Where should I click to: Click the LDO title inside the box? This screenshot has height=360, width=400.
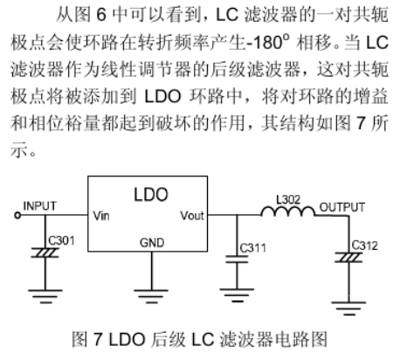(151, 195)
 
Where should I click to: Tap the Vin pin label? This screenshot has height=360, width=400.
(101, 216)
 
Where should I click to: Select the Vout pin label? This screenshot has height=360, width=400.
(192, 216)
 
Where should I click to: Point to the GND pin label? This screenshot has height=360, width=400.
(152, 243)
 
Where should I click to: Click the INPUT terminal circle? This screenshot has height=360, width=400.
(17, 216)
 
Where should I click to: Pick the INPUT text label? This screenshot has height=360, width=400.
(39, 206)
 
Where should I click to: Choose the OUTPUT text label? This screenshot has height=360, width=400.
(342, 207)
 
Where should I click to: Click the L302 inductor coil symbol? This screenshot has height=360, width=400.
(288, 211)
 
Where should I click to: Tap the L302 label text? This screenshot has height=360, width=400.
(288, 200)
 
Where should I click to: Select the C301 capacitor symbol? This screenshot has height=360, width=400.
(45, 253)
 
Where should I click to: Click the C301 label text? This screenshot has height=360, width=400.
(61, 241)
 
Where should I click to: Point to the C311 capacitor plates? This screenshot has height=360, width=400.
(237, 260)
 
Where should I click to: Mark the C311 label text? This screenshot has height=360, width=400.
(252, 248)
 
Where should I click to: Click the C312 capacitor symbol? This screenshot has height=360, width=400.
(348, 258)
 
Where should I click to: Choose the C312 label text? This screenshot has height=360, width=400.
(364, 246)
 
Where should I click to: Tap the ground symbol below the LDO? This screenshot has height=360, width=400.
(151, 296)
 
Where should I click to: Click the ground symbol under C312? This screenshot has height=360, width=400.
(348, 308)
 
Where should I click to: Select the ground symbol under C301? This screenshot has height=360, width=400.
(45, 296)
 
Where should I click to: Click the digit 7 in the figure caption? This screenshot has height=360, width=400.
(98, 339)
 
